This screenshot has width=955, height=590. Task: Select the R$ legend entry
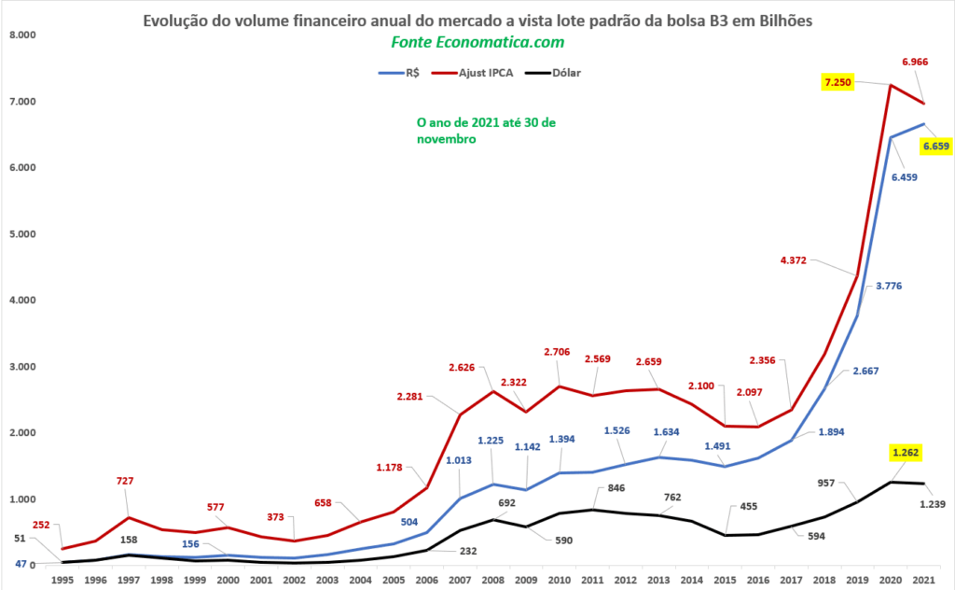[411, 72]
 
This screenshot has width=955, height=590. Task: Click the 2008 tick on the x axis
[493, 579]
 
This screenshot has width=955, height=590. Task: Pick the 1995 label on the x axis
[63, 579]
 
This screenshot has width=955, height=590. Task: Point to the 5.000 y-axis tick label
[20, 233]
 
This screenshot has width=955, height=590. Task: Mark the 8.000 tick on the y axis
[20, 35]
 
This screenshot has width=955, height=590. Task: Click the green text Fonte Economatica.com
[477, 43]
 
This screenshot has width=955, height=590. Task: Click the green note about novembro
[485, 131]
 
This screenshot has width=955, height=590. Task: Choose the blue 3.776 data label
[888, 286]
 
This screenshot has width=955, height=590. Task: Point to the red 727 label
[124, 482]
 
